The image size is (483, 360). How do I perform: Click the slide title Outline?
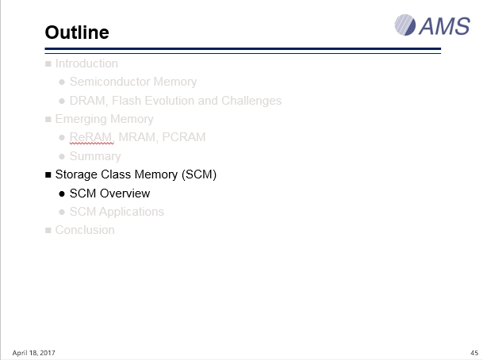click(77, 33)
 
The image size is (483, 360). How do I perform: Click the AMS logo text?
click(444, 26)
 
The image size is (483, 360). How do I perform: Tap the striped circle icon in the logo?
click(405, 25)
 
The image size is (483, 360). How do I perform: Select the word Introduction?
click(86, 63)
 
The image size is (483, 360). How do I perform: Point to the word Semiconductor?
click(109, 82)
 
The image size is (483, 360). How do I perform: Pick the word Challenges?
click(251, 101)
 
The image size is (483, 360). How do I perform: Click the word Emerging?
click(81, 119)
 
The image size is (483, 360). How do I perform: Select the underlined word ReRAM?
click(90, 137)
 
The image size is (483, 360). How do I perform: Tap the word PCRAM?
click(183, 137)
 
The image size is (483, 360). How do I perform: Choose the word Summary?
click(95, 156)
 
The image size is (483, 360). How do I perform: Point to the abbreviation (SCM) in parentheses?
click(199, 174)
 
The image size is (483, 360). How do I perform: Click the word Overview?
click(125, 193)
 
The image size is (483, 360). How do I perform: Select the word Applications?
click(132, 212)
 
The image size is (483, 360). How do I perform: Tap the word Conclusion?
click(85, 230)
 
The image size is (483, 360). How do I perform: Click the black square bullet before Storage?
click(48, 175)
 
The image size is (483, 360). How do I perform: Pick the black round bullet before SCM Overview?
click(62, 193)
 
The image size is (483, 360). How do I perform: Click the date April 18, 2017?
click(33, 353)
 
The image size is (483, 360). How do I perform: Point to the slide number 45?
click(474, 353)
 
